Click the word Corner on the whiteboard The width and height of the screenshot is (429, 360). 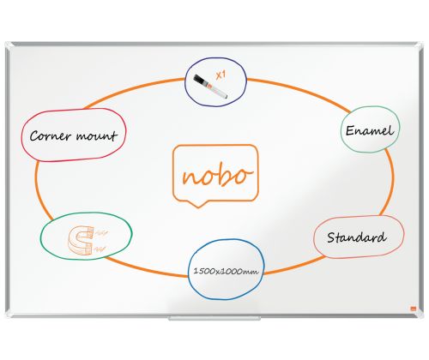click(x=51, y=136)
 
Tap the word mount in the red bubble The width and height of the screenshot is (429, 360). click(x=97, y=135)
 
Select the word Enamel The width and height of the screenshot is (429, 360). click(x=370, y=130)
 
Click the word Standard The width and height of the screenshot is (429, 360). click(x=356, y=237)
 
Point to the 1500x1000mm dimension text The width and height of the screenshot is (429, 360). click(x=226, y=271)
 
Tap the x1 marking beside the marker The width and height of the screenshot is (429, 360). click(x=221, y=75)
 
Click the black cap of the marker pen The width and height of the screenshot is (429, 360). click(x=201, y=80)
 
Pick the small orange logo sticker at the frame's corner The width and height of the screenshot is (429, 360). click(x=413, y=309)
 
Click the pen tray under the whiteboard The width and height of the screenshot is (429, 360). click(x=214, y=318)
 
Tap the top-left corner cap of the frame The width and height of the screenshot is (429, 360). click(x=9, y=45)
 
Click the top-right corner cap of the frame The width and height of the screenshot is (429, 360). click(x=420, y=45)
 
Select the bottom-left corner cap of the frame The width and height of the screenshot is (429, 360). click(x=9, y=314)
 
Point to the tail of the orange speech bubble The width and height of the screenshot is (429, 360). click(x=198, y=204)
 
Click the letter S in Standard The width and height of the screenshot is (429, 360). click(x=331, y=237)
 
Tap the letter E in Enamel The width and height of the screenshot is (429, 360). click(x=350, y=130)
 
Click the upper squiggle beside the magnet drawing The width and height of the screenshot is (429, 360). click(x=101, y=234)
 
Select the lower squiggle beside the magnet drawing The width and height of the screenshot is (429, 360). click(x=100, y=249)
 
